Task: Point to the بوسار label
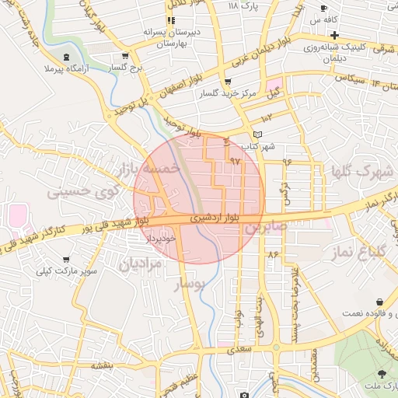tap(191, 285)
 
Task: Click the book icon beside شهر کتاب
tap(259, 134)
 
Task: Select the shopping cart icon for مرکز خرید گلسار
tap(227, 82)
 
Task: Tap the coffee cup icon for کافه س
tap(323, 9)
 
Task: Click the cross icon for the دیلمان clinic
tap(334, 35)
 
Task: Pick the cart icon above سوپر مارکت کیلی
tap(67, 260)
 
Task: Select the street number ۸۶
tap(272, 254)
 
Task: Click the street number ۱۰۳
tap(267, 117)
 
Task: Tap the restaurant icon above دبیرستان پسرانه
tap(171, 19)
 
